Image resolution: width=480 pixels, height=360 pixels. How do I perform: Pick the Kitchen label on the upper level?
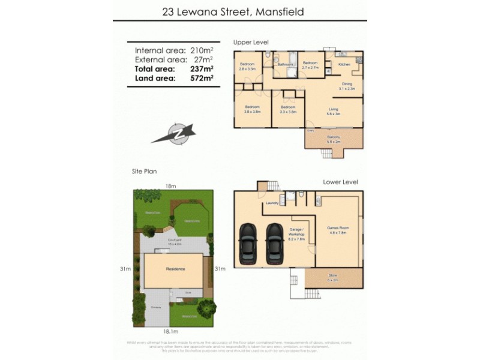[344, 64]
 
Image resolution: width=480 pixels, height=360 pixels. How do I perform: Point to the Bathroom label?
[285, 65]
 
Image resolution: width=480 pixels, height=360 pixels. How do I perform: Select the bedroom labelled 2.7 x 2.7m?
[310, 66]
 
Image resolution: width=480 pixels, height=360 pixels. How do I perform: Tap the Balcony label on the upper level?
[334, 140]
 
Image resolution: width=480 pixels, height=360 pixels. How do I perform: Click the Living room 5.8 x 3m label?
[333, 111]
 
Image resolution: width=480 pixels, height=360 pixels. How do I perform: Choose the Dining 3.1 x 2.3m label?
[347, 86]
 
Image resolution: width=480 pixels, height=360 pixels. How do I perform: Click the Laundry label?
[271, 203]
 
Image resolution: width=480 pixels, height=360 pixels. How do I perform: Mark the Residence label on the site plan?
[175, 269]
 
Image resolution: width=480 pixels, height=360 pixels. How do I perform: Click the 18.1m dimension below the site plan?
[171, 331]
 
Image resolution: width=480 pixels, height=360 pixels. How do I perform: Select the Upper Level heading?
[251, 41]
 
